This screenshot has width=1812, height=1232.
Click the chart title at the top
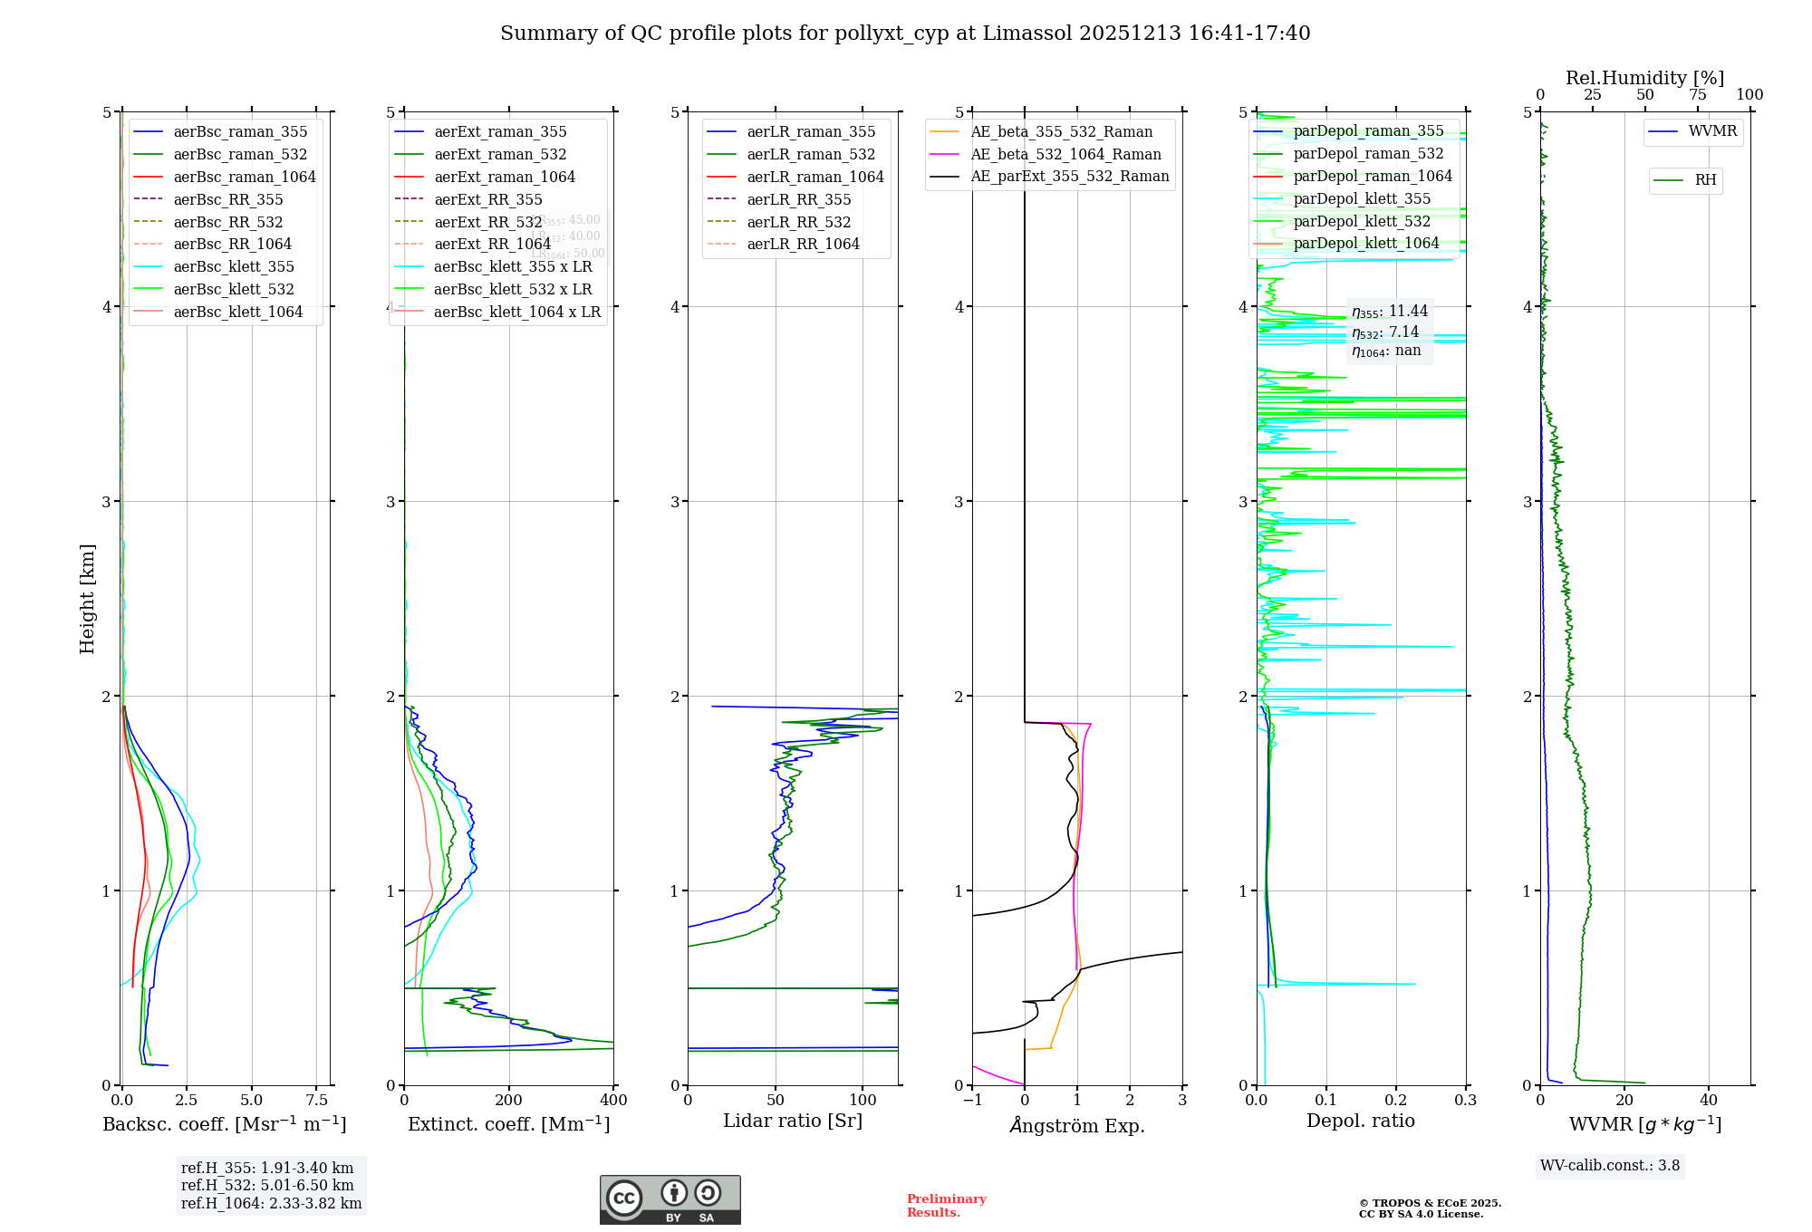coord(905,34)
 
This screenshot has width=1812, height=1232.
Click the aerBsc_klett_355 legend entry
coord(234,266)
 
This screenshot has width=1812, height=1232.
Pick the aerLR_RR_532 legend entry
coord(798,222)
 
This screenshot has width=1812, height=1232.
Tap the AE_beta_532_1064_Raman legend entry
coord(1065,154)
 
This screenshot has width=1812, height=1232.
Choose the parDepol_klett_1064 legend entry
coord(1365,243)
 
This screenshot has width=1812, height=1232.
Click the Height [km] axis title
coord(87,598)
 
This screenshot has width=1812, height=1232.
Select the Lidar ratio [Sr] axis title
coord(793,1121)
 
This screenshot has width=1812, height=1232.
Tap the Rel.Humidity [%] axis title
coord(1644,78)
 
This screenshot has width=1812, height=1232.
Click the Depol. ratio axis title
coord(1360,1121)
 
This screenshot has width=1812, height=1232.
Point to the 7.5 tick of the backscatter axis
coord(316,1100)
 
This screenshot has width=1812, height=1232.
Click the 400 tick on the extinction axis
coord(613,1100)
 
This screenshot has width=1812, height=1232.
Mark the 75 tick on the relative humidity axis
coord(1697,94)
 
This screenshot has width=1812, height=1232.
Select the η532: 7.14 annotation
coord(1385,332)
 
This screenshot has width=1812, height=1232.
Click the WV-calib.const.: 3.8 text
coord(1610,1165)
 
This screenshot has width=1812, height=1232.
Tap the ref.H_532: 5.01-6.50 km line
coord(267,1185)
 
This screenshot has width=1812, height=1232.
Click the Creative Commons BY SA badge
coord(670,1199)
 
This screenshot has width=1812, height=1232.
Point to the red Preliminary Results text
coord(946,1205)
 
